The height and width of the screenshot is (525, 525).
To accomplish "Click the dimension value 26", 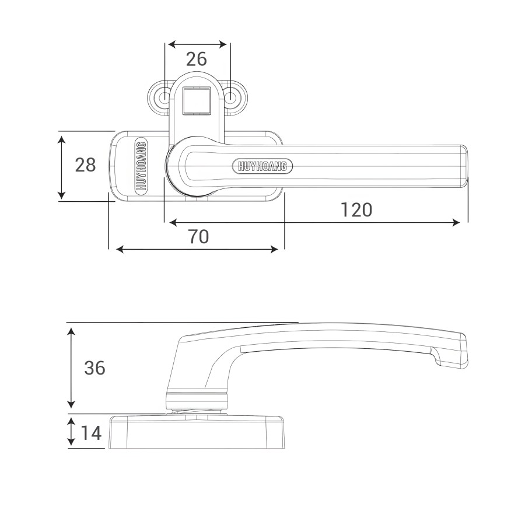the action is [196, 59].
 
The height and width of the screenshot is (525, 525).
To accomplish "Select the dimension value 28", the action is [85, 164].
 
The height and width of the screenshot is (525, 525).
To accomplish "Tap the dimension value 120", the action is [356, 210].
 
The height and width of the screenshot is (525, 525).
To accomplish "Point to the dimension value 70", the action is [198, 237].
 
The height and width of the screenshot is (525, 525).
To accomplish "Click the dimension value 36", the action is [94, 367].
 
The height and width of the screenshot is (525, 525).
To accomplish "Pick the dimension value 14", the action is [91, 433].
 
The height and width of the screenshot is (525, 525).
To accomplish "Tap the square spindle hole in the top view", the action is [197, 100].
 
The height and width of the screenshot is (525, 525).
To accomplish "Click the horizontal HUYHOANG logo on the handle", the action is [262, 166].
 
